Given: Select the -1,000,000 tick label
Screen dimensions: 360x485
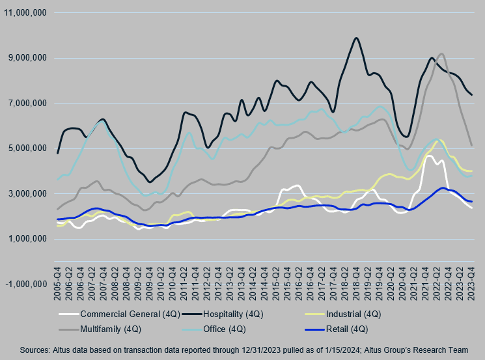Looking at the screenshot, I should [x=25, y=284].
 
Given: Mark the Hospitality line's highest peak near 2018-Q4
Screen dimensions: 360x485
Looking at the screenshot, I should [x=356, y=38].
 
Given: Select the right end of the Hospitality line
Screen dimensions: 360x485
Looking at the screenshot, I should [x=471, y=95].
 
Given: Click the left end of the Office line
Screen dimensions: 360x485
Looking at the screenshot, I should [x=58, y=179].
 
